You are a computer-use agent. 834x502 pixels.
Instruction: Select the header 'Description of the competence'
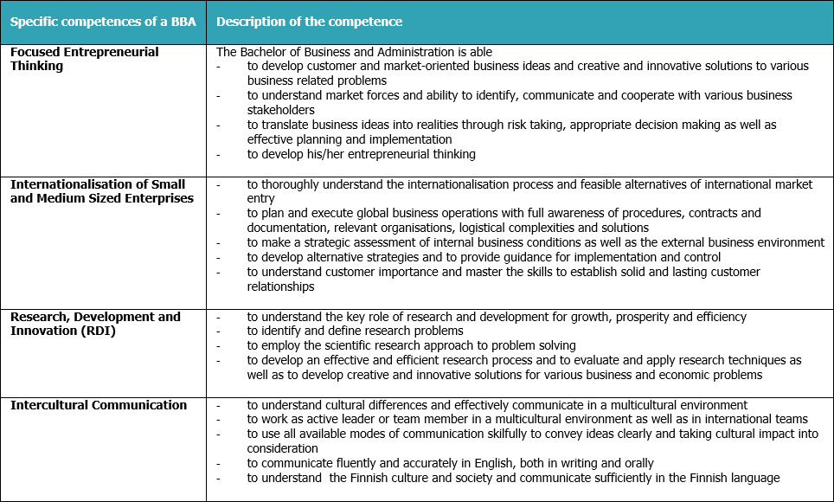pos(309,22)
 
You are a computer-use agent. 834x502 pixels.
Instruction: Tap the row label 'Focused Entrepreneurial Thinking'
pos(85,59)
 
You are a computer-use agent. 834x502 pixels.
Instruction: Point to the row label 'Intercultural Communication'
pos(98,405)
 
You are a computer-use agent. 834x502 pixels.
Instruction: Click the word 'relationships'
pos(280,286)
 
